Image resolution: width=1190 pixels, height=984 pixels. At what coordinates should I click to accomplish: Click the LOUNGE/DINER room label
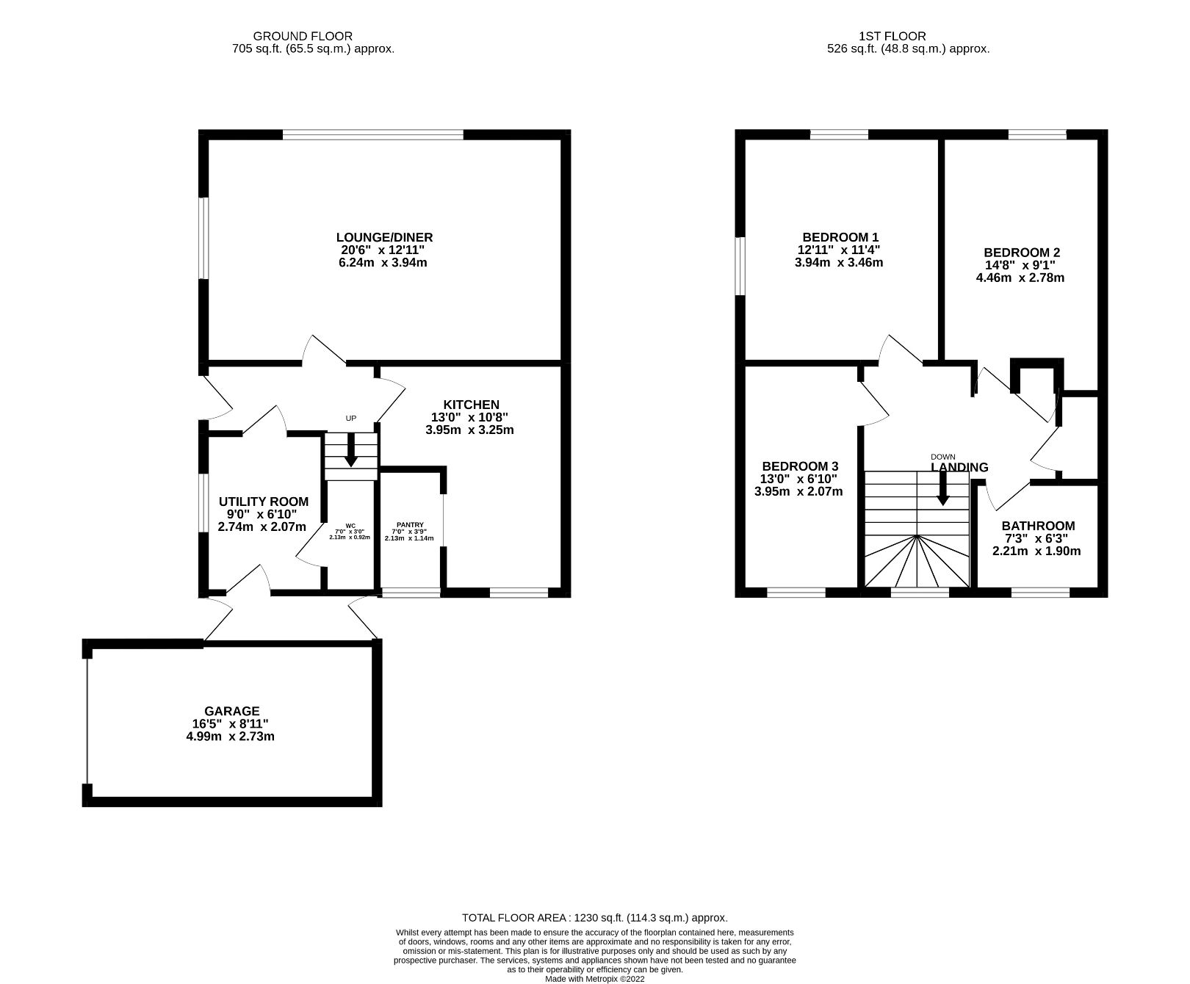[384, 237]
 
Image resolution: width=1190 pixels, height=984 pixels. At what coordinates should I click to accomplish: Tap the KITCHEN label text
[471, 405]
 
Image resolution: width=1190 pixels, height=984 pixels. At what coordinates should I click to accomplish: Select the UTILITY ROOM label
[264, 502]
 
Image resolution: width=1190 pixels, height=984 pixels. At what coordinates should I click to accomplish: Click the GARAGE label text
[231, 711]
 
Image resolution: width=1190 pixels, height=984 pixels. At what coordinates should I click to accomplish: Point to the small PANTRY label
[410, 524]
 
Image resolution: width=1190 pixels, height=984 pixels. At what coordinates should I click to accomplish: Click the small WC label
[350, 526]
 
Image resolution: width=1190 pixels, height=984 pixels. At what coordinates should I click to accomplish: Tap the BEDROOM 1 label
[840, 237]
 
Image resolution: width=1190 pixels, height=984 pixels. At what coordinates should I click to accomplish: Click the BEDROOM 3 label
[800, 466]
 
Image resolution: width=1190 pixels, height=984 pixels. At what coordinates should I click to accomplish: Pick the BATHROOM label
[1038, 526]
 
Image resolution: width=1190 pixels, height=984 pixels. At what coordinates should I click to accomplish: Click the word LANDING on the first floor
[959, 468]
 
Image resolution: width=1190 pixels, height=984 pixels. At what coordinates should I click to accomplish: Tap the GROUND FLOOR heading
[303, 36]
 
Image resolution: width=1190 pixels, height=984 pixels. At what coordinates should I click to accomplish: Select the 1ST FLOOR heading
[892, 36]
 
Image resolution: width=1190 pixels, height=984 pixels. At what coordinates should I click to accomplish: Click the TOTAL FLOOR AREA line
[594, 918]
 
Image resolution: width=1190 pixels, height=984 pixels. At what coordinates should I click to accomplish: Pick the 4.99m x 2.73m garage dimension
[231, 736]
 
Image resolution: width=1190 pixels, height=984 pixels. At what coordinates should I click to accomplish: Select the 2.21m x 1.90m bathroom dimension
[1036, 551]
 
